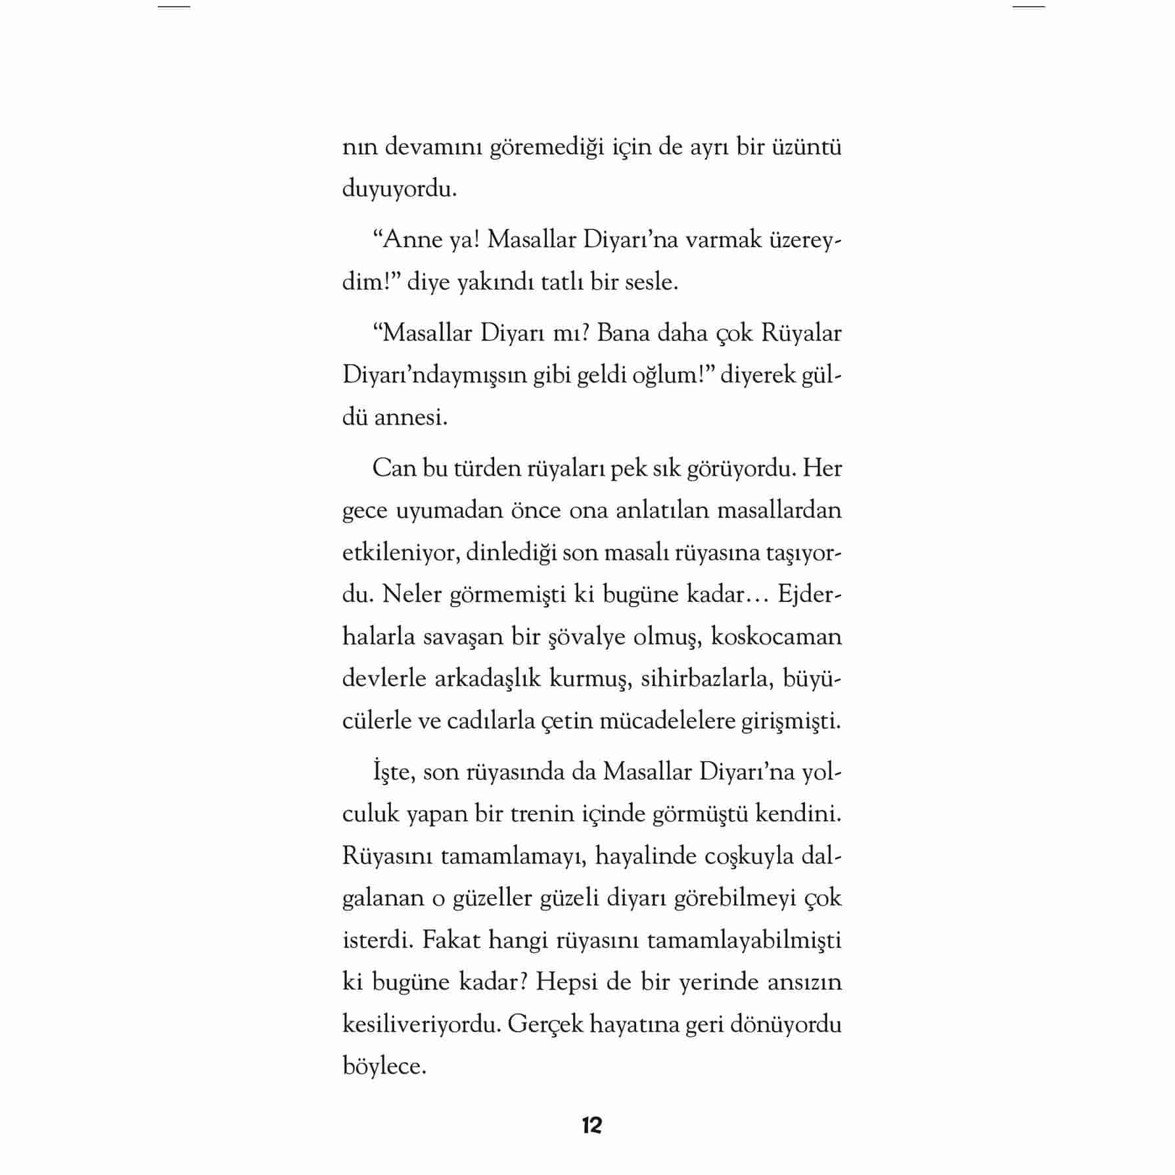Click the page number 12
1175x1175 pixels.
[x=591, y=1126]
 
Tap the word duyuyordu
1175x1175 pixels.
[x=399, y=190]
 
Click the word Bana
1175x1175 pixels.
[x=624, y=333]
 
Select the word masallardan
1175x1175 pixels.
[x=779, y=510]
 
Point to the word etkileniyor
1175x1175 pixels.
[x=400, y=553]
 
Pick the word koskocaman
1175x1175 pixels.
[x=776, y=637]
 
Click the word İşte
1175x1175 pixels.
[x=393, y=772]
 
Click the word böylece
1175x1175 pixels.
[x=384, y=1066]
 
